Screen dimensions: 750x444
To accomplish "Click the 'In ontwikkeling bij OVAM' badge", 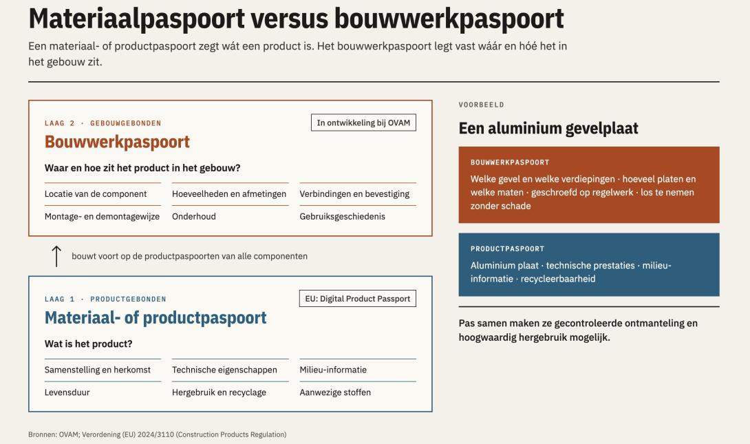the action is coord(363,123).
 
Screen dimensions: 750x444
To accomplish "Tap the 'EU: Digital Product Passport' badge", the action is coord(358,299).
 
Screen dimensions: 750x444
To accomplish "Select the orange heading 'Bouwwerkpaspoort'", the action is coord(117,142).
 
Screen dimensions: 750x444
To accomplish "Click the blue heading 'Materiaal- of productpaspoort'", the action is coord(156,318).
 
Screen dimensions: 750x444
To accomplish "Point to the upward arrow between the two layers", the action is coord(56,257).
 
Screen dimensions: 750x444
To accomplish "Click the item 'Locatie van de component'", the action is coord(96,193).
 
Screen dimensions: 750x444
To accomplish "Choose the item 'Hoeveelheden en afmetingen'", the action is coord(229,193).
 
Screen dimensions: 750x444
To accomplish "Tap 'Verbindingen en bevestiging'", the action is coord(354,193).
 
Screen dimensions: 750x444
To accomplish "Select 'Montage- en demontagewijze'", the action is coord(102,216).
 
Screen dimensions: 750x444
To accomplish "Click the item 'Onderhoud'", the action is coord(194,216).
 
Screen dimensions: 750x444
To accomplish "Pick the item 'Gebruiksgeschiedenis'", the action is coord(343,216).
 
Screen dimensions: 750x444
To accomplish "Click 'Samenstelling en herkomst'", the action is coord(98,370).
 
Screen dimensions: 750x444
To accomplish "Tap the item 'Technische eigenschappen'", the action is coord(224,370).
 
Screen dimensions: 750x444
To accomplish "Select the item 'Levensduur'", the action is coord(67,392).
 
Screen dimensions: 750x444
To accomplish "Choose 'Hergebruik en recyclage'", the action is coord(219,392).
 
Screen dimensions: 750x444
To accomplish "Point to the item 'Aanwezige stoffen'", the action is coord(335,392).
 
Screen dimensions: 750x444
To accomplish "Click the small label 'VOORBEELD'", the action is coord(481,105).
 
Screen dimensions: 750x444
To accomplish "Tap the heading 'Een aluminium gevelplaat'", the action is coord(548,128).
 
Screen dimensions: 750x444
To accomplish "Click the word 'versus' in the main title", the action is coord(290,19).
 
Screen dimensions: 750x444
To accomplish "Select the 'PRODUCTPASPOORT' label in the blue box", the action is coord(508,249).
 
